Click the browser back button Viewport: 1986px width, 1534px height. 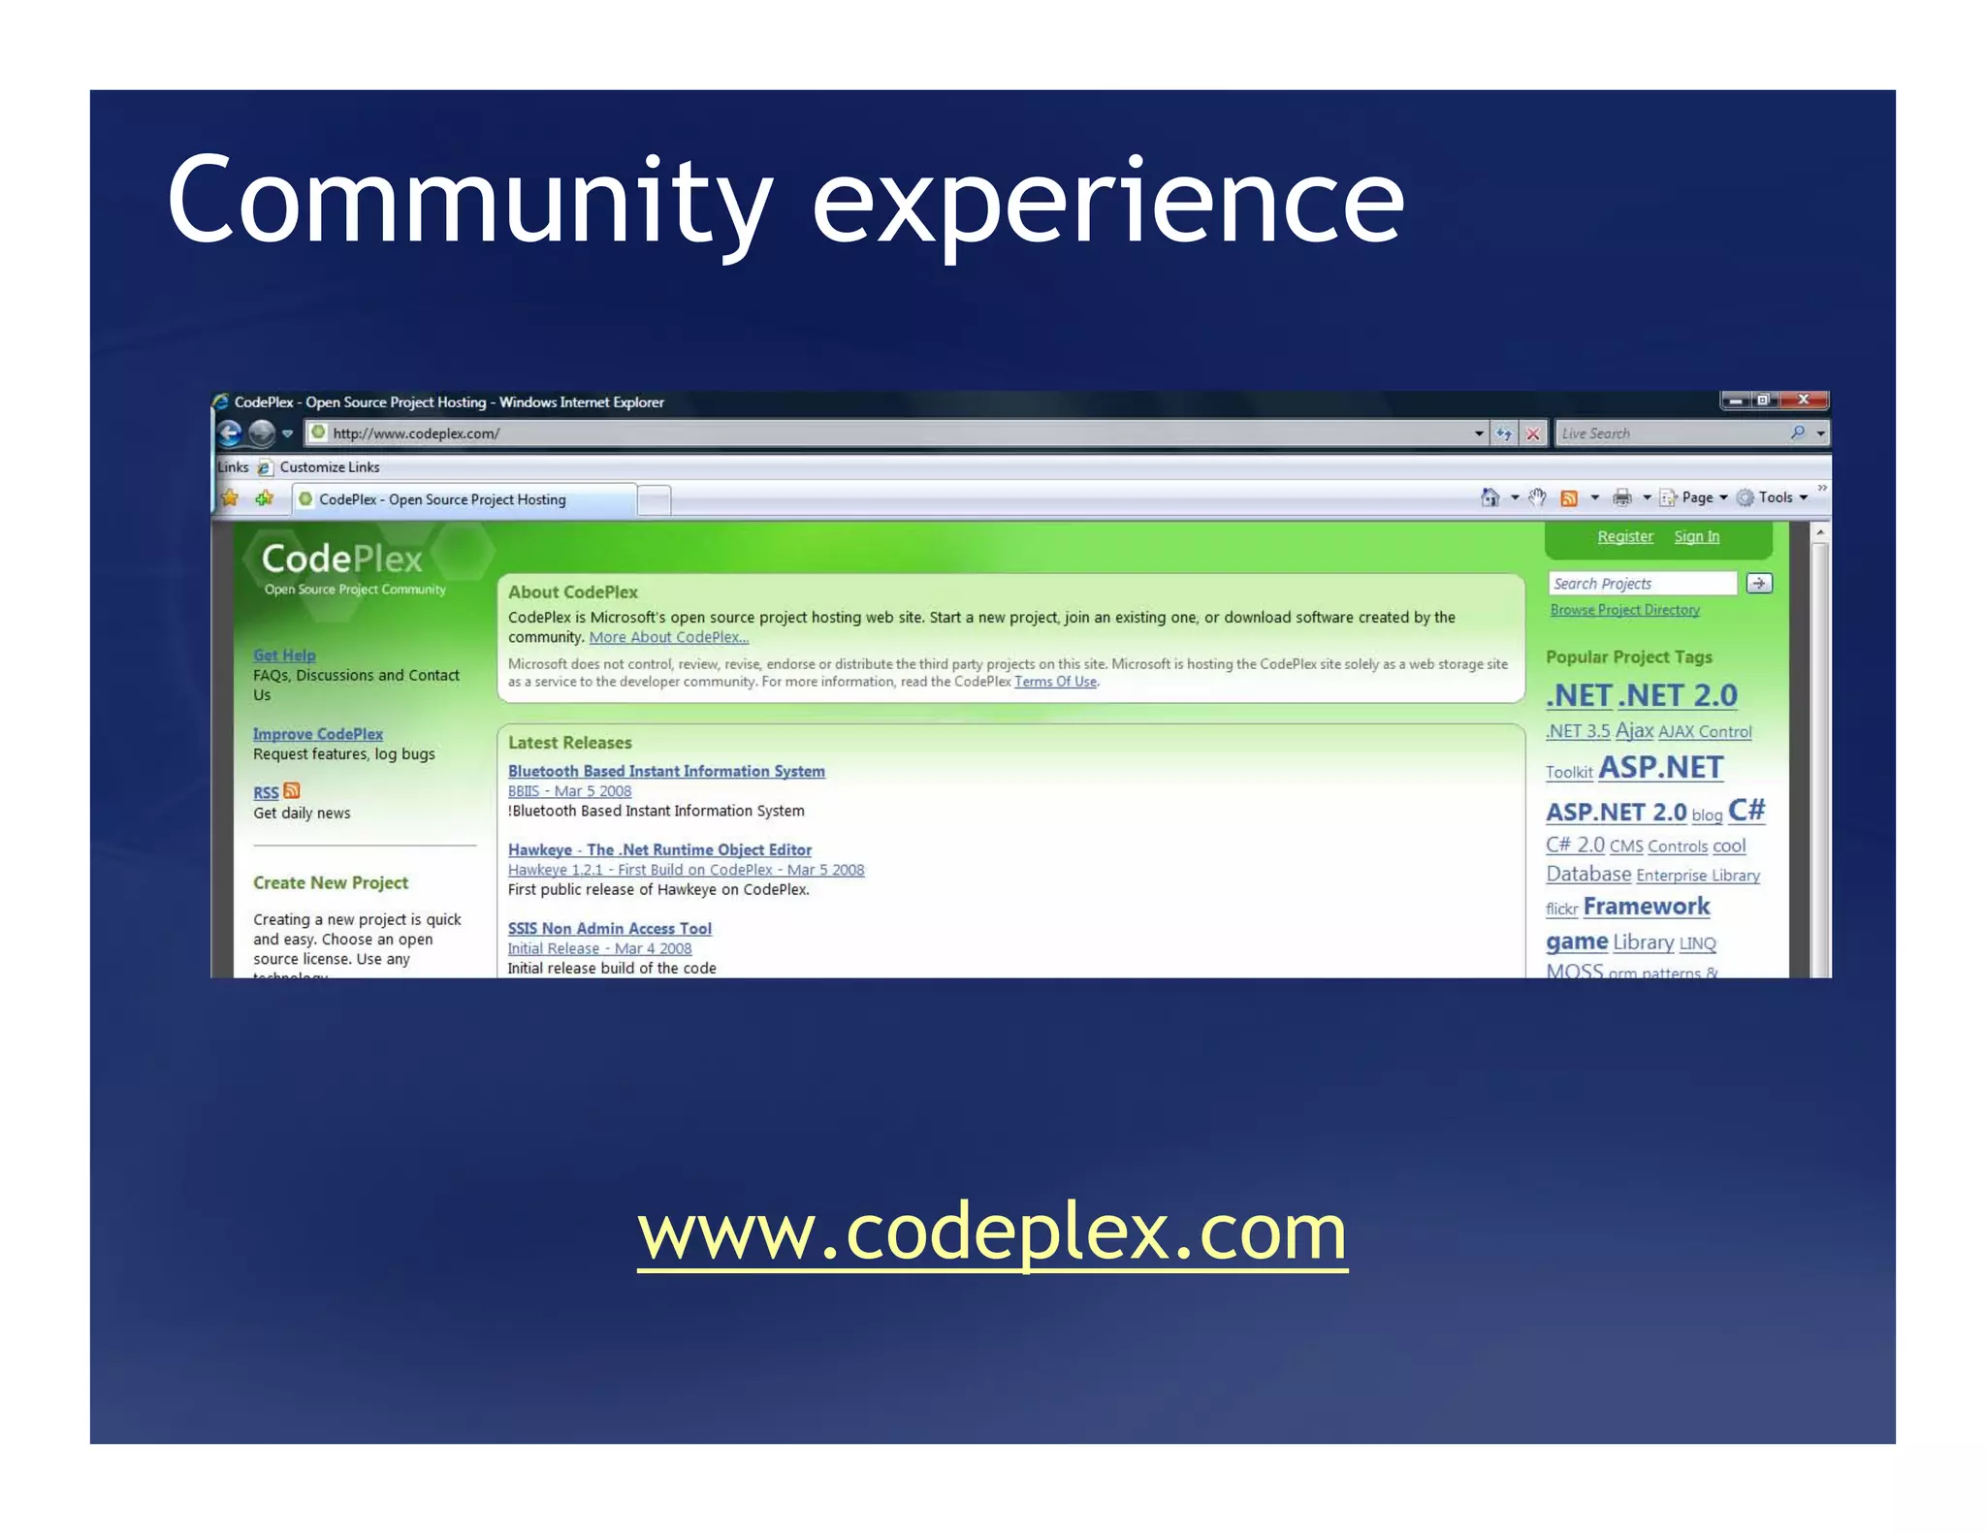(x=230, y=432)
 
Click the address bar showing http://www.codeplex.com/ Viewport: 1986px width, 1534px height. (x=873, y=433)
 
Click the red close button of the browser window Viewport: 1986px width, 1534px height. (x=1803, y=400)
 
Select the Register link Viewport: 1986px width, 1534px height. (x=1624, y=537)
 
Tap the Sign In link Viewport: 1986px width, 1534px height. (x=1696, y=537)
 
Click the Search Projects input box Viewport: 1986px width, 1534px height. (x=1641, y=584)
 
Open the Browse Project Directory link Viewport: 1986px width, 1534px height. (x=1624, y=610)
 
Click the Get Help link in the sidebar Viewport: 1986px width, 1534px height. (x=284, y=655)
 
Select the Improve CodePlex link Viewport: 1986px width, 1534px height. (x=318, y=734)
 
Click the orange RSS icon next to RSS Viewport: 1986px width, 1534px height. (x=292, y=791)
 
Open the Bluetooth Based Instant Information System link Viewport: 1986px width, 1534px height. (x=666, y=771)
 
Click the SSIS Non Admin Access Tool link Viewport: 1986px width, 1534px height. (x=609, y=928)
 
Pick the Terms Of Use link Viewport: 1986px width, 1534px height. (x=1055, y=682)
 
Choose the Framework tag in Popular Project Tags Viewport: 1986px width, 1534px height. (x=1646, y=907)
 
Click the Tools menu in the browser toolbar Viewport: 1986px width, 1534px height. (x=1775, y=497)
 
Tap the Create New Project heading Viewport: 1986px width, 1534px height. (x=331, y=882)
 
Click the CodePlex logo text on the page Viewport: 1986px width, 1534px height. (x=341, y=559)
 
